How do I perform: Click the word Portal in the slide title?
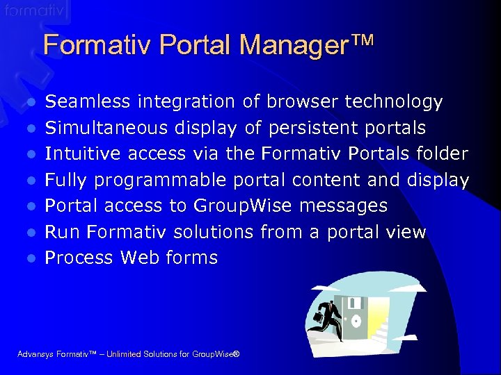198,45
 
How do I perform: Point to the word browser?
301,102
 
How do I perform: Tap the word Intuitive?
80,154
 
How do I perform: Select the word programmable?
161,181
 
